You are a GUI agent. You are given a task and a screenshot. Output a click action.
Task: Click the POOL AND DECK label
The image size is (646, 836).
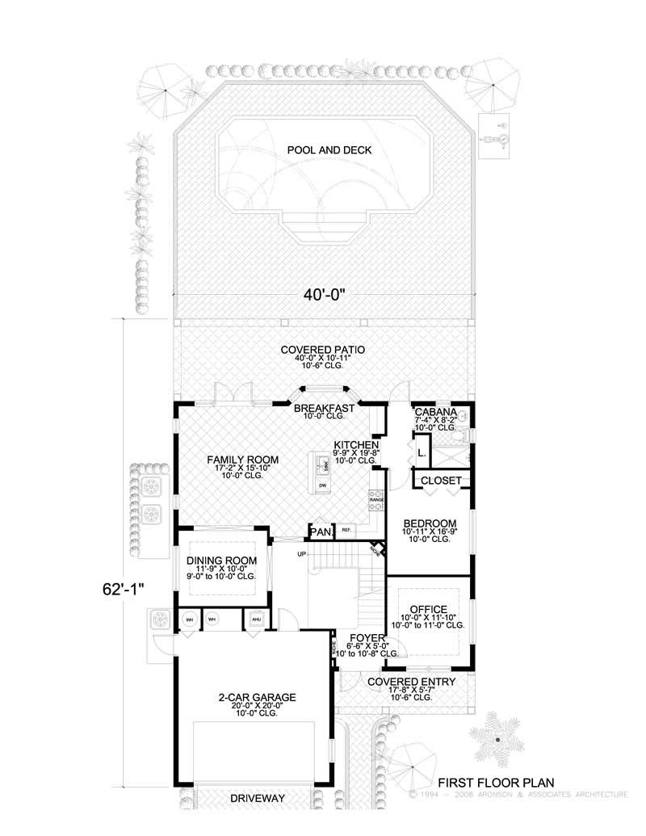coord(323,150)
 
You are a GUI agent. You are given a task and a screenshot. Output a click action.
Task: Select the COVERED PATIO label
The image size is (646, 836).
coord(323,350)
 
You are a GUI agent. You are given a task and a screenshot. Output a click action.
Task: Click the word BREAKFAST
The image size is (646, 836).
coord(323,409)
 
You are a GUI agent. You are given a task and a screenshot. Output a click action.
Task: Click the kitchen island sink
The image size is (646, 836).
coord(322,465)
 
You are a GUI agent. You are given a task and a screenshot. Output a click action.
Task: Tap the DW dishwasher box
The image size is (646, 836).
coord(322,485)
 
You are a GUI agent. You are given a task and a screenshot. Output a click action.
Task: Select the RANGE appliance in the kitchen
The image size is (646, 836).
coord(376,500)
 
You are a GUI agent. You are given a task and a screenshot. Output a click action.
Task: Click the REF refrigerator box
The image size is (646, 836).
coord(346,531)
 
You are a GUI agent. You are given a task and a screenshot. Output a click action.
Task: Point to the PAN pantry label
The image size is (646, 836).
coord(320,531)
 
